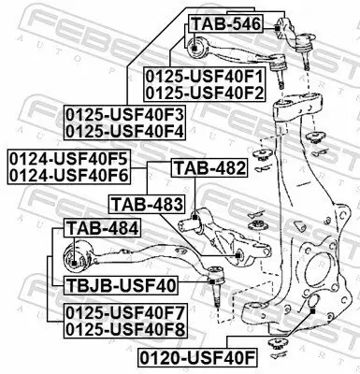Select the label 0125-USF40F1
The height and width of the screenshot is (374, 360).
[204, 75]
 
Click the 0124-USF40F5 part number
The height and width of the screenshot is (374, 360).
[67, 156]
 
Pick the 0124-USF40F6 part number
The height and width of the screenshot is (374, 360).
[67, 173]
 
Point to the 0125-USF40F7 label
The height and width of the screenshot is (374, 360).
[125, 311]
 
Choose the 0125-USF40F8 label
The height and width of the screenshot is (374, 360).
[125, 328]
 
